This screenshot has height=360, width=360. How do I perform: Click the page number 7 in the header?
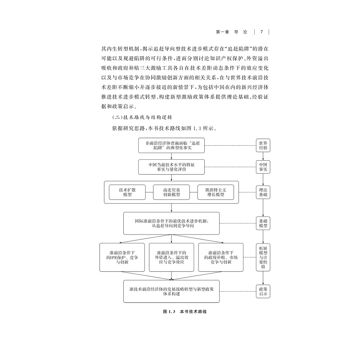pyautogui.click(x=261, y=32)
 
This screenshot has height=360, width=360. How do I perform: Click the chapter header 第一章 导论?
pyautogui.click(x=232, y=32)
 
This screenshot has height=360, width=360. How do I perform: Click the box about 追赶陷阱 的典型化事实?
pyautogui.click(x=171, y=145)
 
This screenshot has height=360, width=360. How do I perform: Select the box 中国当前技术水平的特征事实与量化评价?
pyautogui.click(x=171, y=166)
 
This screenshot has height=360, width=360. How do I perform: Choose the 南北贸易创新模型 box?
pyautogui.click(x=171, y=192)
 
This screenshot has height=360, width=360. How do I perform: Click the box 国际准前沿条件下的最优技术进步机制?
pyautogui.click(x=171, y=223)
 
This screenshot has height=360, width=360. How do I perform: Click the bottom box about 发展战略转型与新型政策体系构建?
pyautogui.click(x=171, y=291)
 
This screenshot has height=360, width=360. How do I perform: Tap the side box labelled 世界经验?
pyautogui.click(x=263, y=145)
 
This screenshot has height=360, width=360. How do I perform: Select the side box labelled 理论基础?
pyautogui.click(x=263, y=192)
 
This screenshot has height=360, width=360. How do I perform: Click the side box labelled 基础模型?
pyautogui.click(x=263, y=223)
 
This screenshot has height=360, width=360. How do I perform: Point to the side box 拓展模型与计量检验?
pyautogui.click(x=263, y=257)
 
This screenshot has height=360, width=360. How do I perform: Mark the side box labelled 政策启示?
pyautogui.click(x=263, y=291)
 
